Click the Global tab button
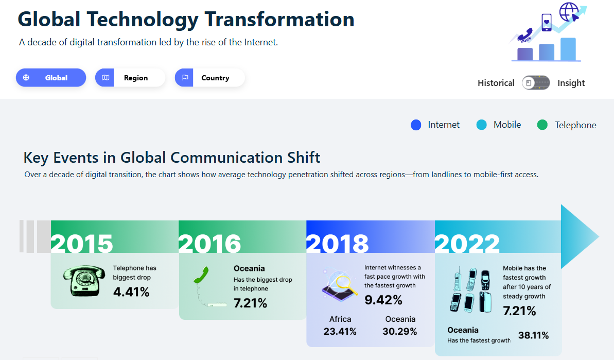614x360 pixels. pyautogui.click(x=50, y=78)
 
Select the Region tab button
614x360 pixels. pyautogui.click(x=130, y=78)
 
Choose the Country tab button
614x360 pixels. pyautogui.click(x=209, y=78)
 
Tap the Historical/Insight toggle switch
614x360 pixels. pyautogui.click(x=536, y=83)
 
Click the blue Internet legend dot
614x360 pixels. pyautogui.click(x=416, y=125)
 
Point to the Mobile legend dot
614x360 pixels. pyautogui.click(x=481, y=125)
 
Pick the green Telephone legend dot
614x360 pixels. pyautogui.click(x=542, y=125)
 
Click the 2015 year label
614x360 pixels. pyautogui.click(x=82, y=244)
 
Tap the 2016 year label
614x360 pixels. pyautogui.click(x=210, y=244)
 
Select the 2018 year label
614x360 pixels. pyautogui.click(x=338, y=244)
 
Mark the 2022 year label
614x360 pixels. pyautogui.click(x=467, y=244)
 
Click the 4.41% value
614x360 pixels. pyautogui.click(x=131, y=292)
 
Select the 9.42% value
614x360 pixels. pyautogui.click(x=383, y=300)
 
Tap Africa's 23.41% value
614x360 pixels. pyautogui.click(x=340, y=332)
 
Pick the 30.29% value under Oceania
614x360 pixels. pyautogui.click(x=400, y=332)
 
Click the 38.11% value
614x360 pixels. pyautogui.click(x=533, y=335)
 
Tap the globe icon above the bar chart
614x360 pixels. pyautogui.click(x=569, y=11)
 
